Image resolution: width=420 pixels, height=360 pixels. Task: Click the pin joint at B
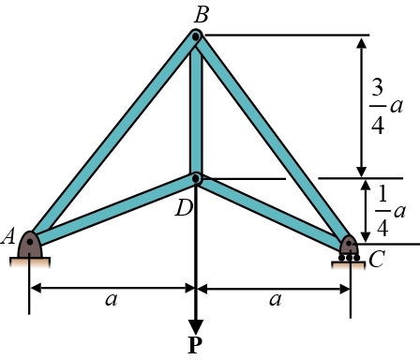[196, 37]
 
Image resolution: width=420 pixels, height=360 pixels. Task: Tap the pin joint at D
[196, 178]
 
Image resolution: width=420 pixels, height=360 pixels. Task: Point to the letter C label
[377, 260]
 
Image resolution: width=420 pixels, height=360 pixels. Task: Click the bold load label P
[195, 346]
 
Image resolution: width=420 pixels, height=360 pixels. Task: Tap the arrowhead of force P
[196, 316]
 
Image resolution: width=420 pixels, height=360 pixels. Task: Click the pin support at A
[31, 246]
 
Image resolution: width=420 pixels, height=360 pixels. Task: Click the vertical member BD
[196, 108]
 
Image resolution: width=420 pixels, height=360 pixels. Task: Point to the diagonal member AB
[112, 141]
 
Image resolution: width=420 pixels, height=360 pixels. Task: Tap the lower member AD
[112, 211]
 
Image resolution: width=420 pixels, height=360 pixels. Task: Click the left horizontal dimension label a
[112, 300]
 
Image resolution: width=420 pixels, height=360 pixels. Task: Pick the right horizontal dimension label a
[275, 300]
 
